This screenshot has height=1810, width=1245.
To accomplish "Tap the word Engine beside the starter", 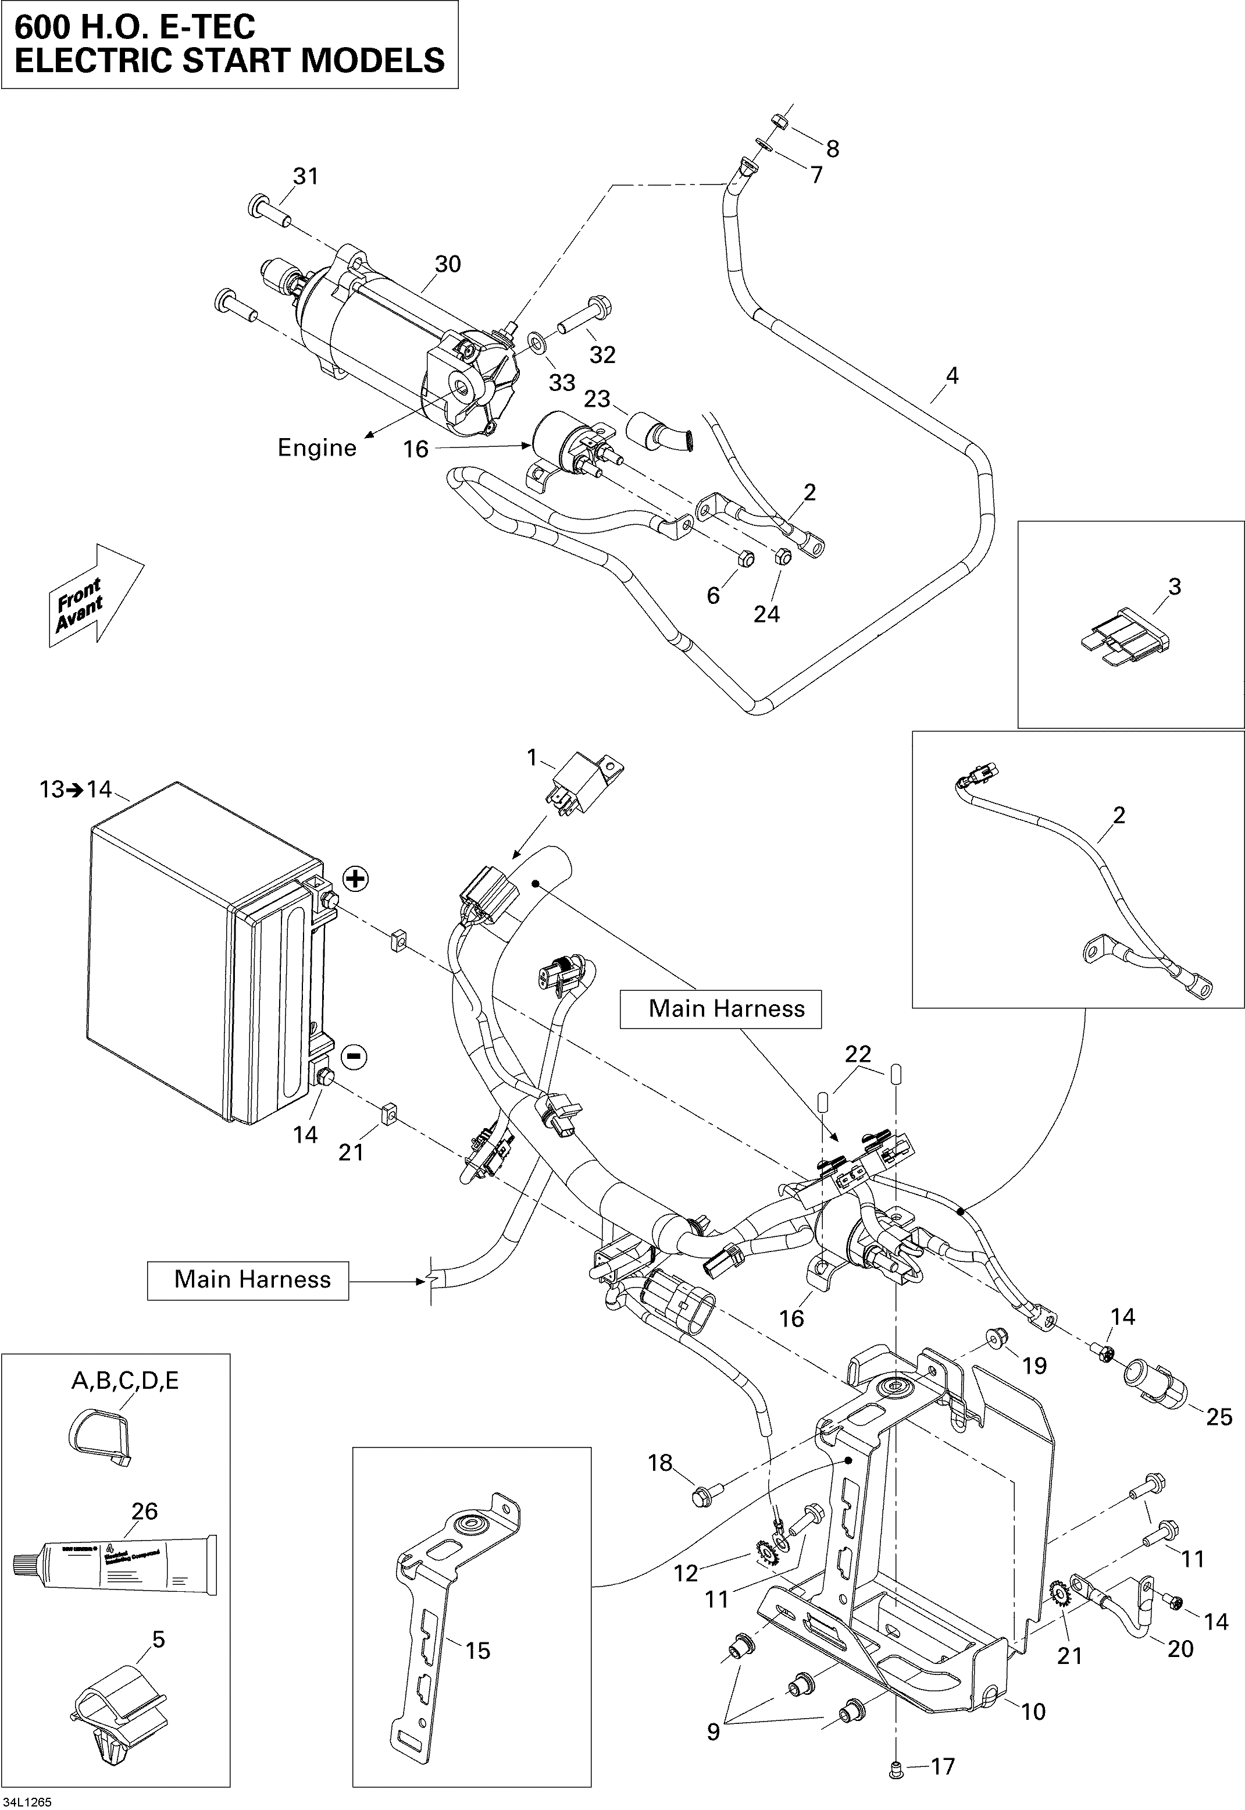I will (x=317, y=448).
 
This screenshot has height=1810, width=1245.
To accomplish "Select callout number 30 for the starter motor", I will (x=448, y=265).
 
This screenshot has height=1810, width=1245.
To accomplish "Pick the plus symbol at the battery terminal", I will (x=355, y=879).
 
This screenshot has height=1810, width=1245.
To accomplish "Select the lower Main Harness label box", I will (x=248, y=1279).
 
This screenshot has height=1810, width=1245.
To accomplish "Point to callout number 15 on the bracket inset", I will (x=477, y=1651).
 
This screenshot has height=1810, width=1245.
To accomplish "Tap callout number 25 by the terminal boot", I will (x=1219, y=1417).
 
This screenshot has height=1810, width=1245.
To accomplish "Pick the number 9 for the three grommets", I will (x=713, y=1726).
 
